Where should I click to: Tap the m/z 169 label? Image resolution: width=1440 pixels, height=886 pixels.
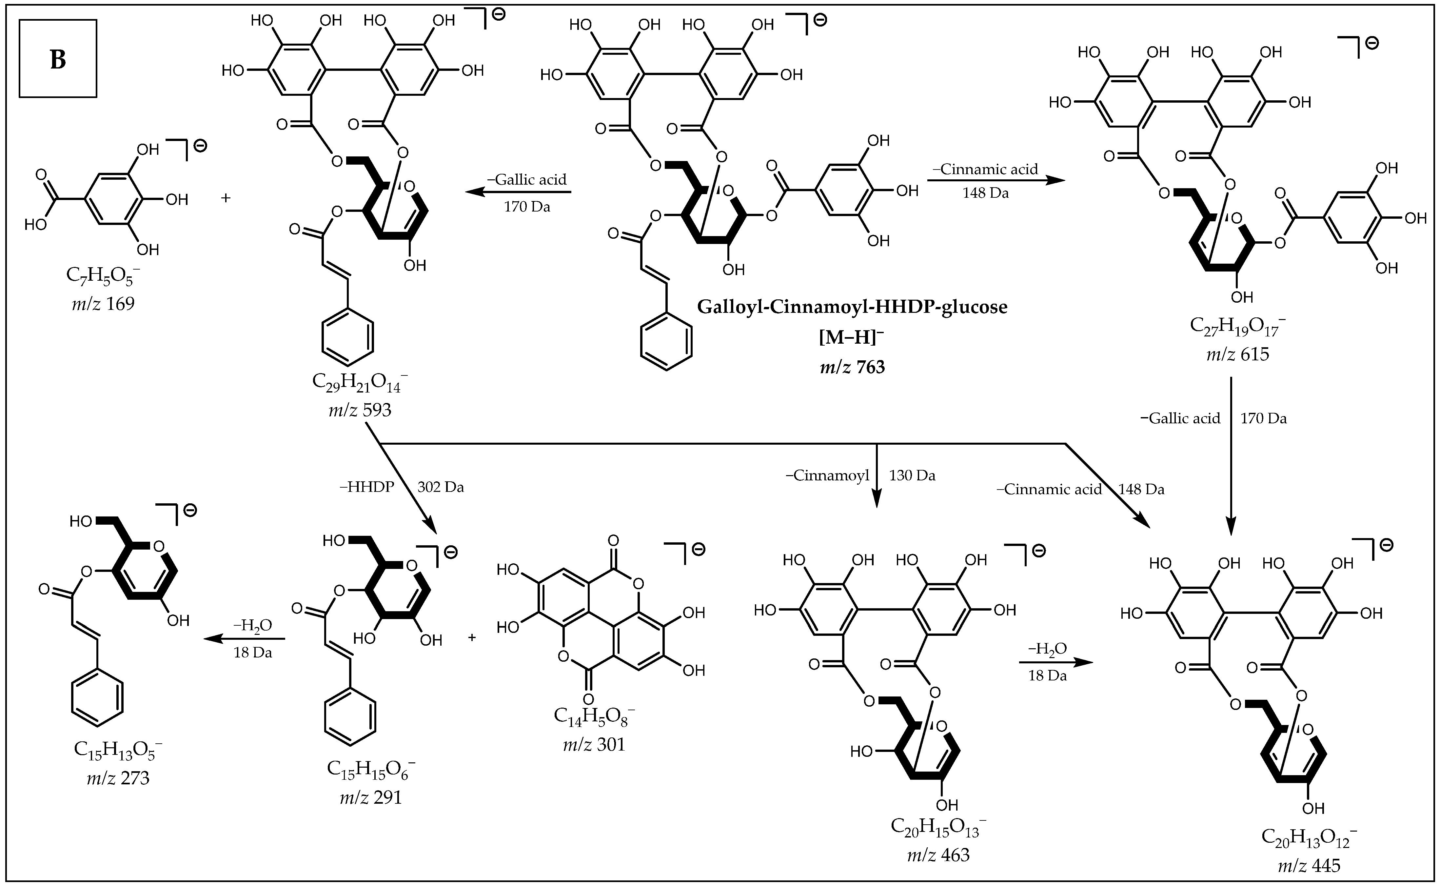pos(103,304)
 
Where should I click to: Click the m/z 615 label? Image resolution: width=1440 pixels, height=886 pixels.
pos(1237,354)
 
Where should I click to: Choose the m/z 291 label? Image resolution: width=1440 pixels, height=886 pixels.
pos(371,797)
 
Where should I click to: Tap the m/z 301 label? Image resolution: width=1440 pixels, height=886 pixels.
pos(594,744)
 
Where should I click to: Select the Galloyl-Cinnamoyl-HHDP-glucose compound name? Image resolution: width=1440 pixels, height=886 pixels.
pos(852,307)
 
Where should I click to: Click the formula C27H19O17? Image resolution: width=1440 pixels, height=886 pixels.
pos(1237,326)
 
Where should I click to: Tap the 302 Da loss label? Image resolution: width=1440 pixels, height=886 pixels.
pos(440,487)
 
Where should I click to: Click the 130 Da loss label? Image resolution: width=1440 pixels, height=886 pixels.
pos(912,475)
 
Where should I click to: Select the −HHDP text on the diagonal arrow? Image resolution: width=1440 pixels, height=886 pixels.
pos(366,487)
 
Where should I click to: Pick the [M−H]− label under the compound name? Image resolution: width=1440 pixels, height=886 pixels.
pos(852,337)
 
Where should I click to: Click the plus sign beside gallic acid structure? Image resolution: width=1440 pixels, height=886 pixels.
pos(226,198)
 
